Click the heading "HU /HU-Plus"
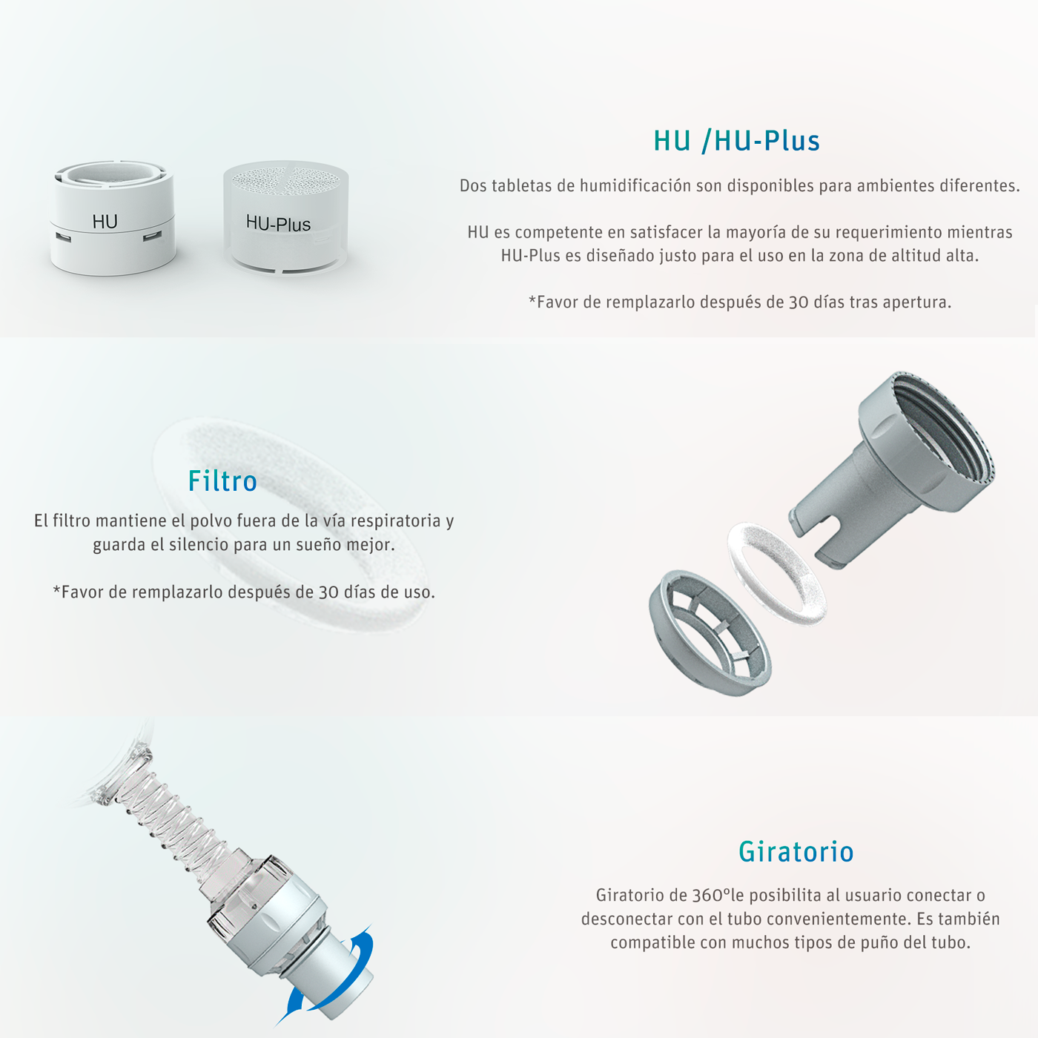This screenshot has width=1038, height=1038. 736,141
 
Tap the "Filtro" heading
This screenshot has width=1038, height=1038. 222,481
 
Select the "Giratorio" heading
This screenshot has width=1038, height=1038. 796,852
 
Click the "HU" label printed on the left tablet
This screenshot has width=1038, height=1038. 105,222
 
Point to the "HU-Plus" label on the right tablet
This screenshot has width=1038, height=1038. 278,223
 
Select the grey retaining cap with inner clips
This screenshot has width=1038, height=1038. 710,631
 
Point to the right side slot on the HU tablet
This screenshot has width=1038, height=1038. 153,236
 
